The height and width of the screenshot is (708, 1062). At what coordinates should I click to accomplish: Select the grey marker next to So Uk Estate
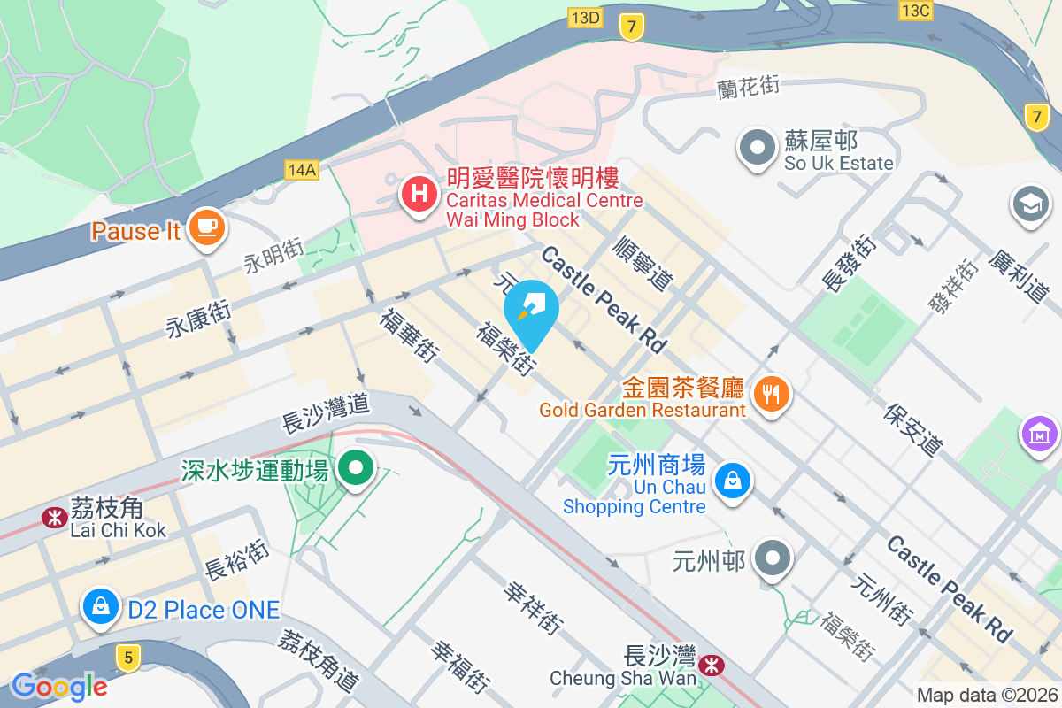(x=758, y=148)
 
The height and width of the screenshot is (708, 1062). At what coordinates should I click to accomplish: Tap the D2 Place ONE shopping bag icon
(x=102, y=607)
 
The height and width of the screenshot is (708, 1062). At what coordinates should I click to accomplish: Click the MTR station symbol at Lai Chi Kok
(x=55, y=515)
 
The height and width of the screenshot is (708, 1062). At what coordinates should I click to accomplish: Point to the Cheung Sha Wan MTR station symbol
(x=710, y=664)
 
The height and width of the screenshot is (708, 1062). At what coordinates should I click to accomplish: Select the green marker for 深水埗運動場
(x=357, y=468)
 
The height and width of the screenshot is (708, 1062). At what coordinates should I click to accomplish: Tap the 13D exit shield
(x=585, y=17)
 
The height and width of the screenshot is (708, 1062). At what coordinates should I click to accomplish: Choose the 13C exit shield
(x=914, y=11)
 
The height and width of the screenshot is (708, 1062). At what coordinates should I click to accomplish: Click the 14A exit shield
(x=302, y=169)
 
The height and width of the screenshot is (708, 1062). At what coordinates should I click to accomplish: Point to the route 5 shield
(x=128, y=657)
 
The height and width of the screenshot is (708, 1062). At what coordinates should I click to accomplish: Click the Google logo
(x=59, y=686)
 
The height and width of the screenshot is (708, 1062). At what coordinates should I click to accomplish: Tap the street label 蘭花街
(x=749, y=87)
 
